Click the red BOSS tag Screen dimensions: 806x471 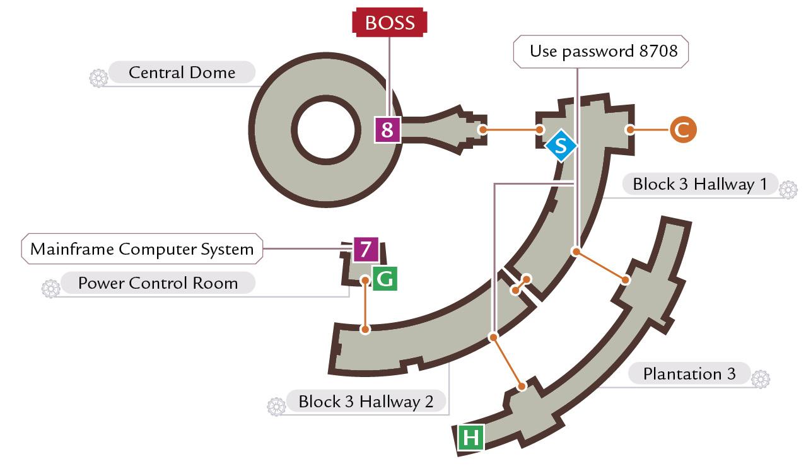point(390,22)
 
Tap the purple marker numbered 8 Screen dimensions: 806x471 point(387,129)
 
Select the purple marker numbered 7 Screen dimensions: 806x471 point(366,249)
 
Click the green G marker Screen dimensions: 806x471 point(385,279)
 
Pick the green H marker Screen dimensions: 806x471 point(470,438)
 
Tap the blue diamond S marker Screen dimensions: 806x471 point(561,146)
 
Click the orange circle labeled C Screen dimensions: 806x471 point(683,129)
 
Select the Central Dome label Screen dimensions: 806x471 point(182,73)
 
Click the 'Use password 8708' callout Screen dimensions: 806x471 point(600,52)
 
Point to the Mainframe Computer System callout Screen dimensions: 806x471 point(142,249)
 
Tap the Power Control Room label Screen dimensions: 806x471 point(158,283)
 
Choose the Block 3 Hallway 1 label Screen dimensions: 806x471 point(700,184)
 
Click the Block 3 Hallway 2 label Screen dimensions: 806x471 point(366,401)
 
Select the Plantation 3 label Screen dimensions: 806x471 point(689,373)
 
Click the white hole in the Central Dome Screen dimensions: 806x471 point(326,130)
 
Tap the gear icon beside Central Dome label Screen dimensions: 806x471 point(98,78)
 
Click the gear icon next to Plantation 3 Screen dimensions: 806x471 point(761,379)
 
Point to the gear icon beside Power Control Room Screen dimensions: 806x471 point(50,289)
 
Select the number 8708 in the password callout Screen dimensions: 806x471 point(658,50)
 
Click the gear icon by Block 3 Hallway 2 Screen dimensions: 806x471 point(276,407)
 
